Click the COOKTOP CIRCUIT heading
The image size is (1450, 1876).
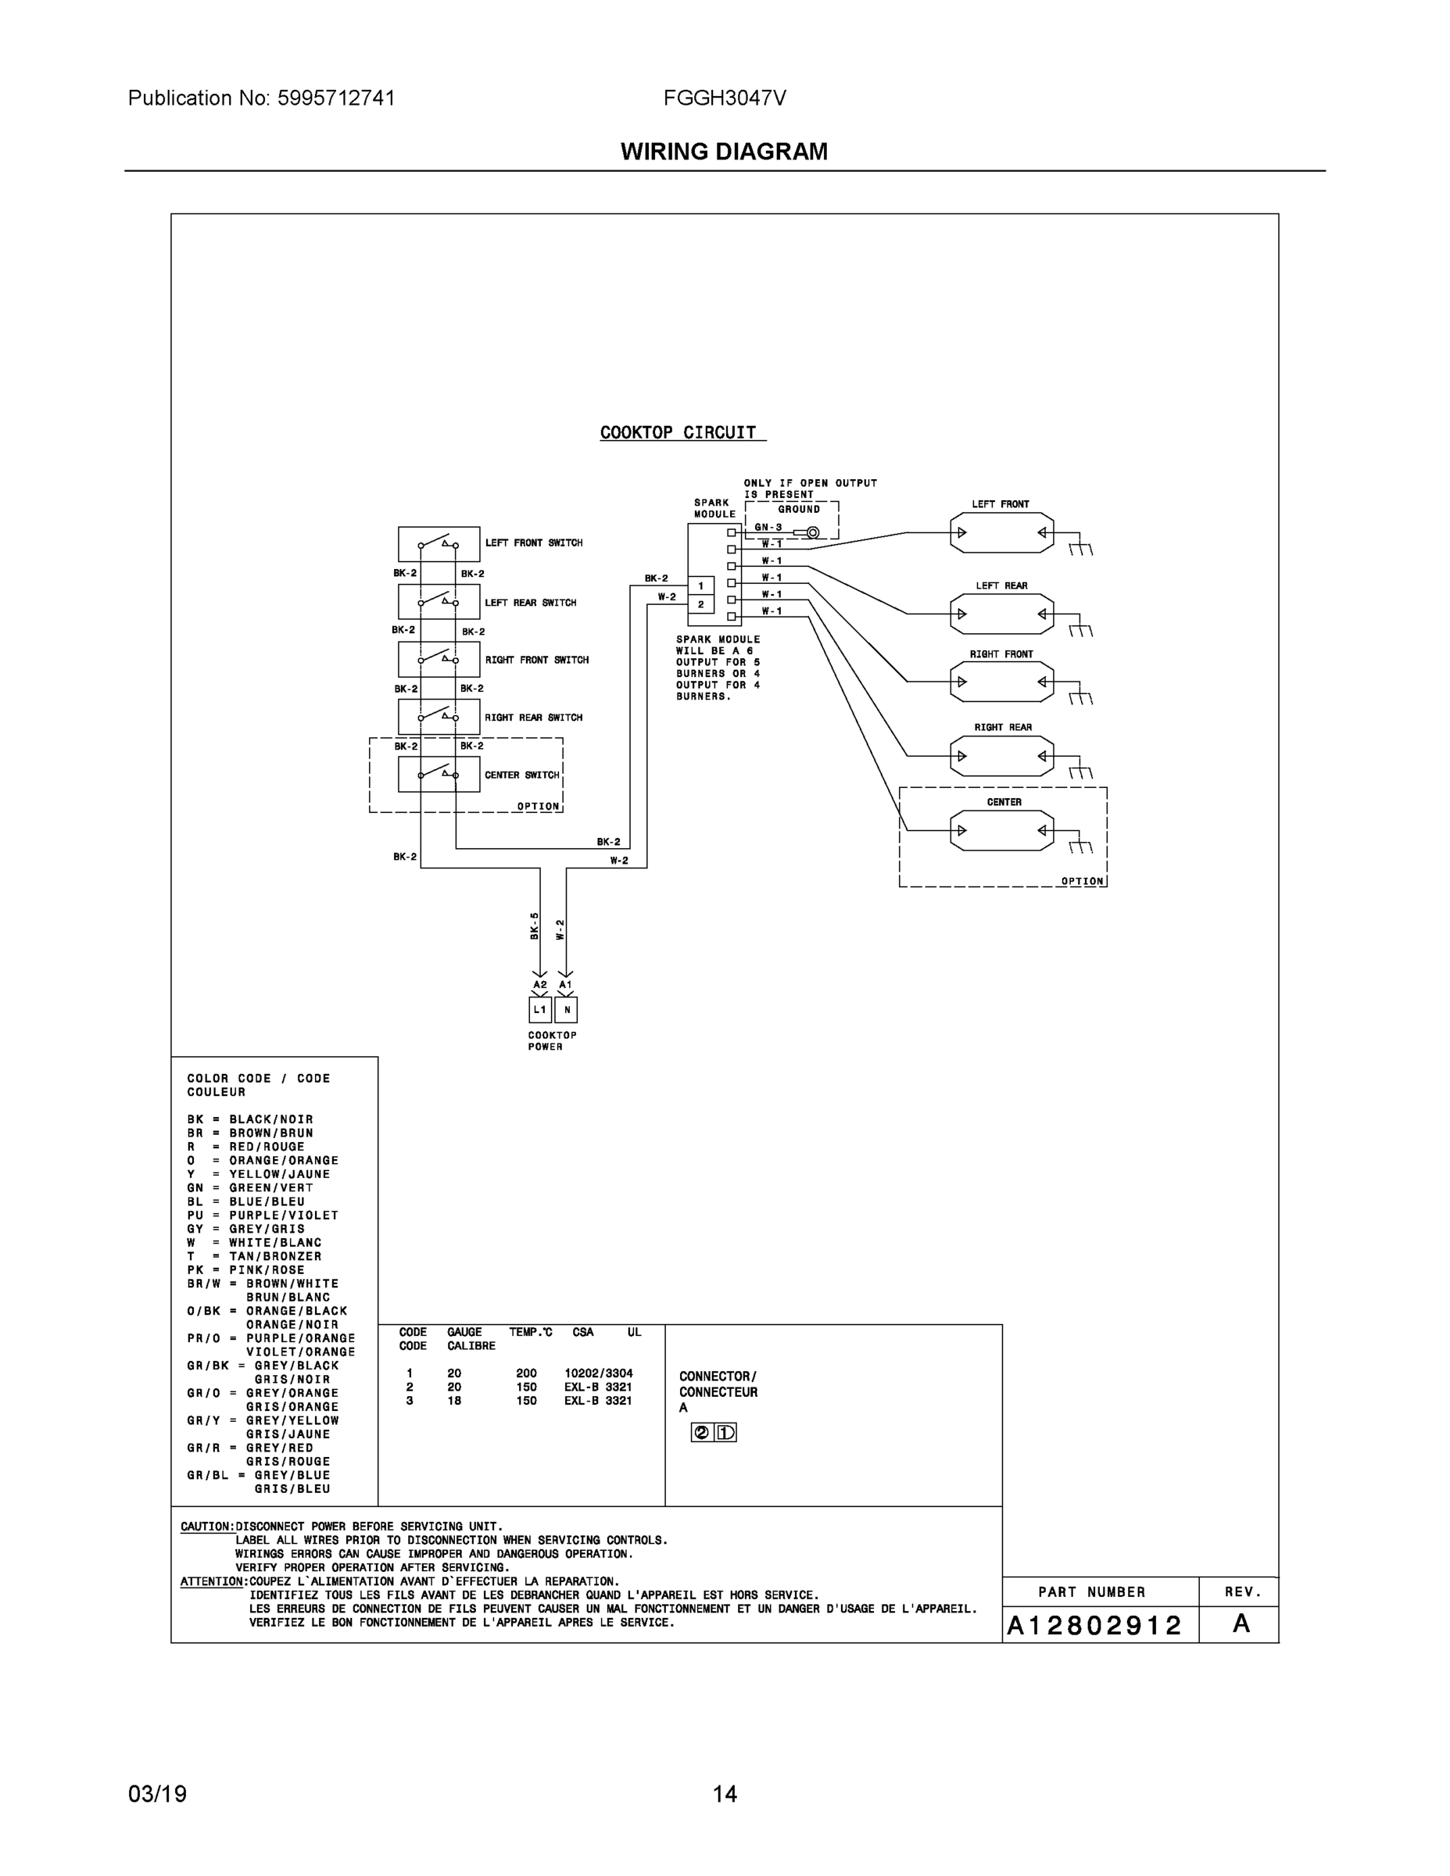point(678,433)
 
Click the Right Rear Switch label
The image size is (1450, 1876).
point(532,718)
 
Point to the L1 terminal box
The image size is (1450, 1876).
point(539,1009)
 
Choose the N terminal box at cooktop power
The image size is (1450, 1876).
point(566,1009)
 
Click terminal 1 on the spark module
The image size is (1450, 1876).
point(701,585)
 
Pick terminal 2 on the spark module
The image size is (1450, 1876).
point(701,605)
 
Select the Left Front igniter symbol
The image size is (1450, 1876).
point(1001,532)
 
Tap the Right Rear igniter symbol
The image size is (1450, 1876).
point(1001,757)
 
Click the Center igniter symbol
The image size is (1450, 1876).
point(1001,831)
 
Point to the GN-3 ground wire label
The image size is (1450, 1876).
point(768,528)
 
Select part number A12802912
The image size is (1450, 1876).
point(1094,1625)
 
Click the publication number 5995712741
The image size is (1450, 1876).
point(336,98)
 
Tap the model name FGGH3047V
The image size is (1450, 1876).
point(724,98)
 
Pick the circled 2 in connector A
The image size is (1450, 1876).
point(702,1432)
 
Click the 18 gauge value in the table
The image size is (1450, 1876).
point(454,1400)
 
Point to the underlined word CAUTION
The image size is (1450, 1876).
point(206,1527)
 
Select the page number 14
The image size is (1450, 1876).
point(724,1794)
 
